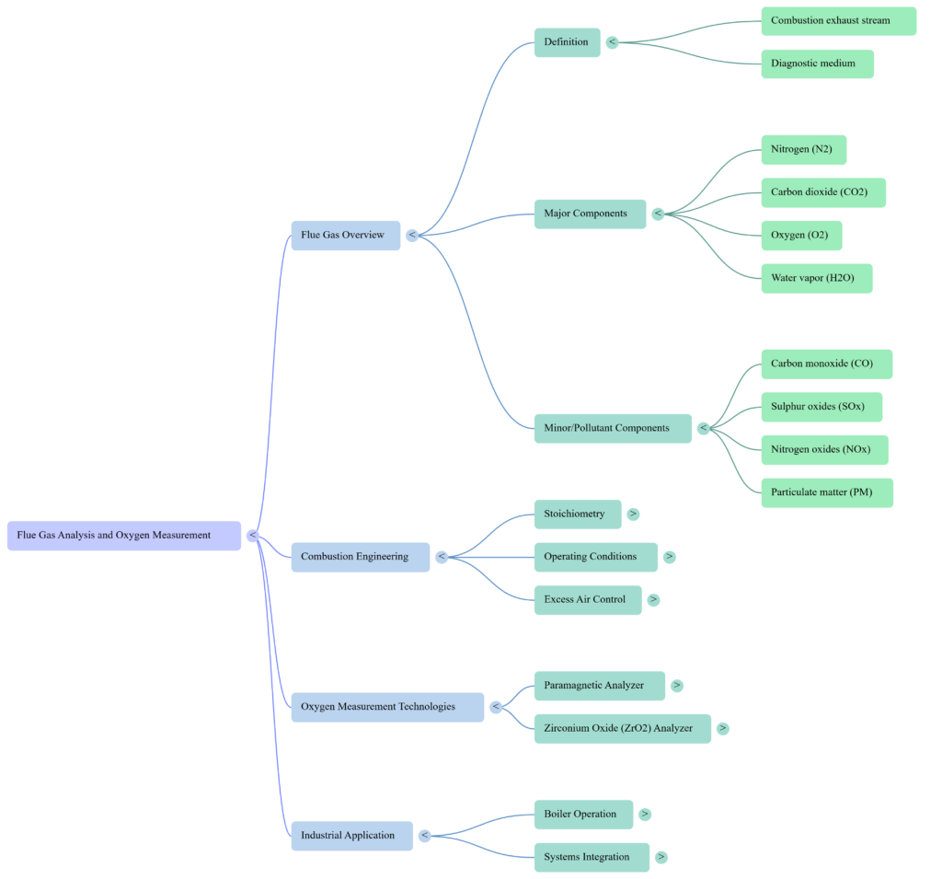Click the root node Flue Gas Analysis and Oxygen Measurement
pyautogui.click(x=123, y=536)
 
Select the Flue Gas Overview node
pyautogui.click(x=345, y=236)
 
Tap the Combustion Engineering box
pyautogui.click(x=360, y=557)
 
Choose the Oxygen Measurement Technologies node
pyautogui.click(x=386, y=707)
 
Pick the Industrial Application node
pyautogui.click(x=351, y=836)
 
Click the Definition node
pyautogui.click(x=567, y=42)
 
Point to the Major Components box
pyautogui.click(x=589, y=214)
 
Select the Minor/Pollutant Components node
pyautogui.click(x=612, y=428)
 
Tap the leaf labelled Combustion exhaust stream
pyautogui.click(x=838, y=21)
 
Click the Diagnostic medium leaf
pyautogui.click(x=817, y=64)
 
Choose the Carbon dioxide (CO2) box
pyautogui.click(x=822, y=192)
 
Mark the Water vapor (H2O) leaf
pyautogui.click(x=816, y=278)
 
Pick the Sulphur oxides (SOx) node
pyautogui.click(x=821, y=407)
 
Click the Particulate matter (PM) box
pyautogui.click(x=826, y=492)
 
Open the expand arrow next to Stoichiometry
pyautogui.click(x=633, y=514)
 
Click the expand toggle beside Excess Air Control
pyautogui.click(x=653, y=600)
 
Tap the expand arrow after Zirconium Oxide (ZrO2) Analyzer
pyautogui.click(x=723, y=729)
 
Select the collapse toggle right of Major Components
pyautogui.click(x=658, y=214)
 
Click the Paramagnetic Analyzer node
pyautogui.click(x=599, y=686)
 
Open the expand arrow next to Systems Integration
pyautogui.click(x=661, y=858)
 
